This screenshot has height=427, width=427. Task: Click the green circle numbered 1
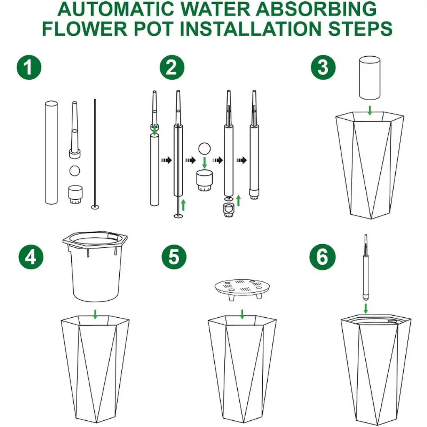(x=29, y=67)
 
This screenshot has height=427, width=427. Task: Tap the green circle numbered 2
(x=172, y=67)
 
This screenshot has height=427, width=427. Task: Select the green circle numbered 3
(x=323, y=67)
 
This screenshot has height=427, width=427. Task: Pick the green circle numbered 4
(x=31, y=257)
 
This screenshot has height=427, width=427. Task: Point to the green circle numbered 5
(x=174, y=257)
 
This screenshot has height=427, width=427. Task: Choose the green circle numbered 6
(x=322, y=257)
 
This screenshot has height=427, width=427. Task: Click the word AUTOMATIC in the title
(x=116, y=9)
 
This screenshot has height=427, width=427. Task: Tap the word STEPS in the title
(x=360, y=28)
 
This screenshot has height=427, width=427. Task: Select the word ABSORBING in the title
(x=316, y=9)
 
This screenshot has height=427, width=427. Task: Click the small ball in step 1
(x=75, y=171)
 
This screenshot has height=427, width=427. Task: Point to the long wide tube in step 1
(x=51, y=153)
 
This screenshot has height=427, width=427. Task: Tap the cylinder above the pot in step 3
(x=369, y=78)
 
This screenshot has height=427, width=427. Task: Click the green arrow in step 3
(x=369, y=110)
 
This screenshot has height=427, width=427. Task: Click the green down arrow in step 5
(x=242, y=314)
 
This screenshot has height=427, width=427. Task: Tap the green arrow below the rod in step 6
(x=366, y=309)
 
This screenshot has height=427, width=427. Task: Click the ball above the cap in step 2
(x=204, y=149)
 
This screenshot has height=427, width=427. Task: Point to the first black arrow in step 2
(x=167, y=160)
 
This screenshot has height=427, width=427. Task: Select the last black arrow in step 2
(x=241, y=160)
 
